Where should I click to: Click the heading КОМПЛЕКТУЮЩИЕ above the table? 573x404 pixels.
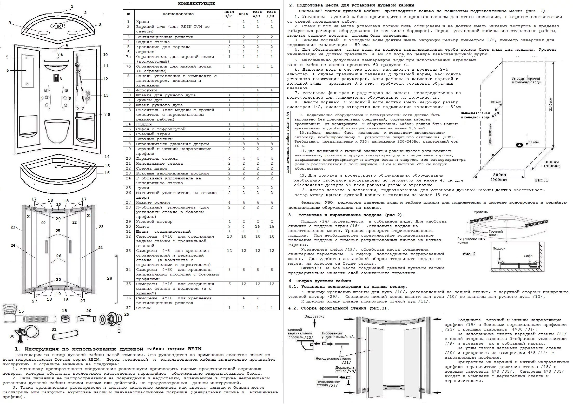[196, 4]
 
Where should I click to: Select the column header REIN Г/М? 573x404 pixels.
[272, 14]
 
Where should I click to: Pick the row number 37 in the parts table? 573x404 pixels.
[128, 308]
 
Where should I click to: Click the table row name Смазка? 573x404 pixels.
[144, 308]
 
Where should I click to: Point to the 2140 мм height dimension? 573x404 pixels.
[550, 104]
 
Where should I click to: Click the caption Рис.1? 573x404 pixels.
[542, 180]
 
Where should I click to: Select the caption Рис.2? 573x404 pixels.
[469, 254]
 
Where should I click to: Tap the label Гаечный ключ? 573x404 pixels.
[496, 233]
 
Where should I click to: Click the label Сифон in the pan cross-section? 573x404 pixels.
[529, 256]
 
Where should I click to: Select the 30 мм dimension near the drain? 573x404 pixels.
[533, 142]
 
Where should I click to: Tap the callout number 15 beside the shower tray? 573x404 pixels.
[107, 166]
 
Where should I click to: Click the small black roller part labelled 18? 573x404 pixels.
[65, 319]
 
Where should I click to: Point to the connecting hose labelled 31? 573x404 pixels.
[65, 334]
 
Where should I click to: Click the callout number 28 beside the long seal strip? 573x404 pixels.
[110, 278]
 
